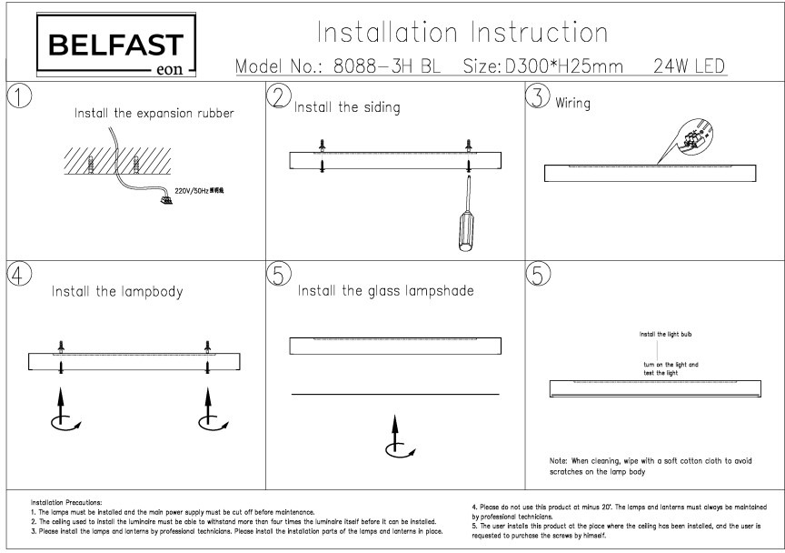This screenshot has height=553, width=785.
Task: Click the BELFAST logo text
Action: [114, 45]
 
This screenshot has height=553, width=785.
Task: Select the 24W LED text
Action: [687, 67]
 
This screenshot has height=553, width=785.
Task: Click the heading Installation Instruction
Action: [462, 33]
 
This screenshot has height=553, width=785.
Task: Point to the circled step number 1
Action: [19, 96]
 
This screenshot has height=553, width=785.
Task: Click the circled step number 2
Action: [281, 96]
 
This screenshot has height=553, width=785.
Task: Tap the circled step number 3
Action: [539, 96]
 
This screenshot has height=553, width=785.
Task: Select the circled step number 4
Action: [19, 274]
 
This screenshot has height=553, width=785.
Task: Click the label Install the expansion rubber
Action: [154, 114]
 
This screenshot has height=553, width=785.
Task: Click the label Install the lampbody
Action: [117, 292]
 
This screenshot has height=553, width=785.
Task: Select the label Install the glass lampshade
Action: [386, 291]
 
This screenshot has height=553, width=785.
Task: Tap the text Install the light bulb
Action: [666, 335]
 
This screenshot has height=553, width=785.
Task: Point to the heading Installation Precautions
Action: [66, 501]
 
